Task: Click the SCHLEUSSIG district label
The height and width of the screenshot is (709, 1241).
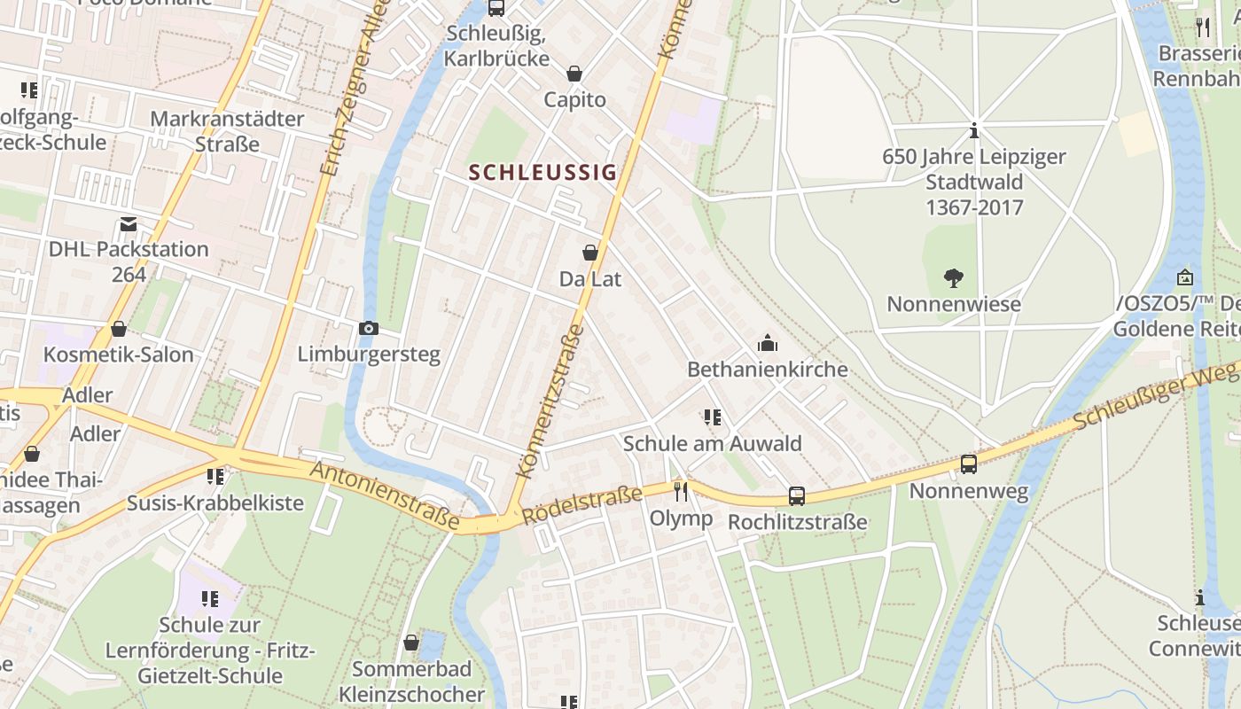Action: (542, 172)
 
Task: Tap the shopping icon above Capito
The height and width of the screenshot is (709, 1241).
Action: (574, 73)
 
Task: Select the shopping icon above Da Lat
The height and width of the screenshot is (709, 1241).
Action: (589, 253)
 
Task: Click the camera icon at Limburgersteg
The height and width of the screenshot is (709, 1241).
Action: (369, 328)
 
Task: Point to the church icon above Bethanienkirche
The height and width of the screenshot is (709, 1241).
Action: (768, 343)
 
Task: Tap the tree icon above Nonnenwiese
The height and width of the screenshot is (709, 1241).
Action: (954, 278)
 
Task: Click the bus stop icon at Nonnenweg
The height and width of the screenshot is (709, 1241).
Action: (968, 464)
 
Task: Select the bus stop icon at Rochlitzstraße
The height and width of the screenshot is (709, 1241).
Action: (797, 496)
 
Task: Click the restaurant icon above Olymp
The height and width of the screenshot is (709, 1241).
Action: (681, 492)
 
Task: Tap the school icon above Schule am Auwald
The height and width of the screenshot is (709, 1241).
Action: (712, 417)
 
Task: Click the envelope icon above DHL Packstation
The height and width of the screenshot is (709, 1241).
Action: (129, 223)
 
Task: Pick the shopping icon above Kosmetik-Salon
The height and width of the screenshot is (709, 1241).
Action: (118, 329)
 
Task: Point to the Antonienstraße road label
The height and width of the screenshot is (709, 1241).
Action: (385, 495)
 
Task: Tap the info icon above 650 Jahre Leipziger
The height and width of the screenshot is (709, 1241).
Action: (974, 130)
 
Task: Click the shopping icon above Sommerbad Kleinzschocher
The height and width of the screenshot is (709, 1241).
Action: (411, 642)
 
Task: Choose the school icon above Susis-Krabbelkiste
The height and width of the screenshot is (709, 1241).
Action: (215, 477)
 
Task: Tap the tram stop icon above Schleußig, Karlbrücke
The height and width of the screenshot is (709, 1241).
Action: (496, 8)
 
